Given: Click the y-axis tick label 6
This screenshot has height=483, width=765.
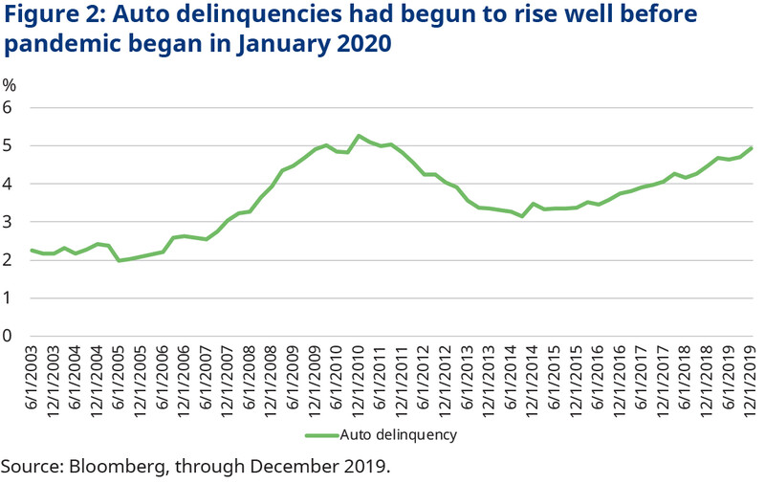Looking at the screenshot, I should click(9, 107).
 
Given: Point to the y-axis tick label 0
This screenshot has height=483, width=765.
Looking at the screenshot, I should click(9, 336).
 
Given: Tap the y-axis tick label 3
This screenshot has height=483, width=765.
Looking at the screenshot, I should click(9, 222).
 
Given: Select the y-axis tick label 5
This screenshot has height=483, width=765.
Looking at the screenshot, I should click(9, 145).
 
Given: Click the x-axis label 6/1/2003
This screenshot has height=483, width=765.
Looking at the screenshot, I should click(33, 377).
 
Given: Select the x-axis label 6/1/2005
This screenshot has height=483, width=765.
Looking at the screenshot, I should click(120, 377).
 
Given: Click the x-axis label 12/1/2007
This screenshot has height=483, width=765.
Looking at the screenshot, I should click(229, 380).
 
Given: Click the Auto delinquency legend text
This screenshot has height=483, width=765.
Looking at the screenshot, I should click(403, 434).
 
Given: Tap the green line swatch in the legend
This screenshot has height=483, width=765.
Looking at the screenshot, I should click(324, 434).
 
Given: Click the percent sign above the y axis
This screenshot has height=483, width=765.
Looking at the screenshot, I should click(10, 84).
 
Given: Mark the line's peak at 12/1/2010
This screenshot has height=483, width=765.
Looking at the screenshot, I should click(359, 136).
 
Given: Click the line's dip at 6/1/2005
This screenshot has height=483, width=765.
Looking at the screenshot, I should click(120, 260).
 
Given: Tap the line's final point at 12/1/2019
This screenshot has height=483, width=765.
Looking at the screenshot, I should click(754, 147).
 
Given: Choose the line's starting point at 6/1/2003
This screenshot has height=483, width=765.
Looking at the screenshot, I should click(32, 250).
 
